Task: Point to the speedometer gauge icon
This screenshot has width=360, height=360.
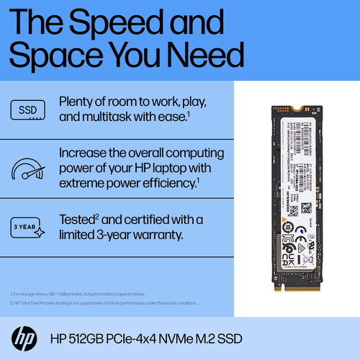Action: coord(27,168)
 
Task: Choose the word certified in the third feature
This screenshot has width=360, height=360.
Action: coord(148,220)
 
